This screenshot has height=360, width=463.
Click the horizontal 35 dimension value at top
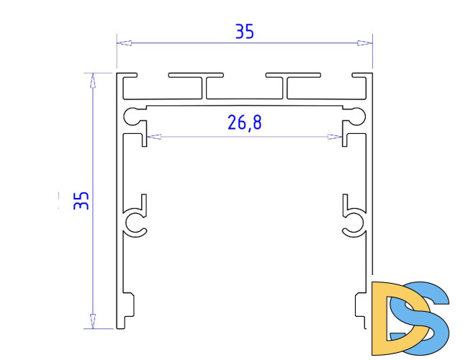click(x=244, y=32)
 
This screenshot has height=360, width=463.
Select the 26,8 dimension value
click(x=244, y=123)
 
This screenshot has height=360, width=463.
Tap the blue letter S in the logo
click(x=425, y=317)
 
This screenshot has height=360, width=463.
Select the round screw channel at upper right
click(x=357, y=114)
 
